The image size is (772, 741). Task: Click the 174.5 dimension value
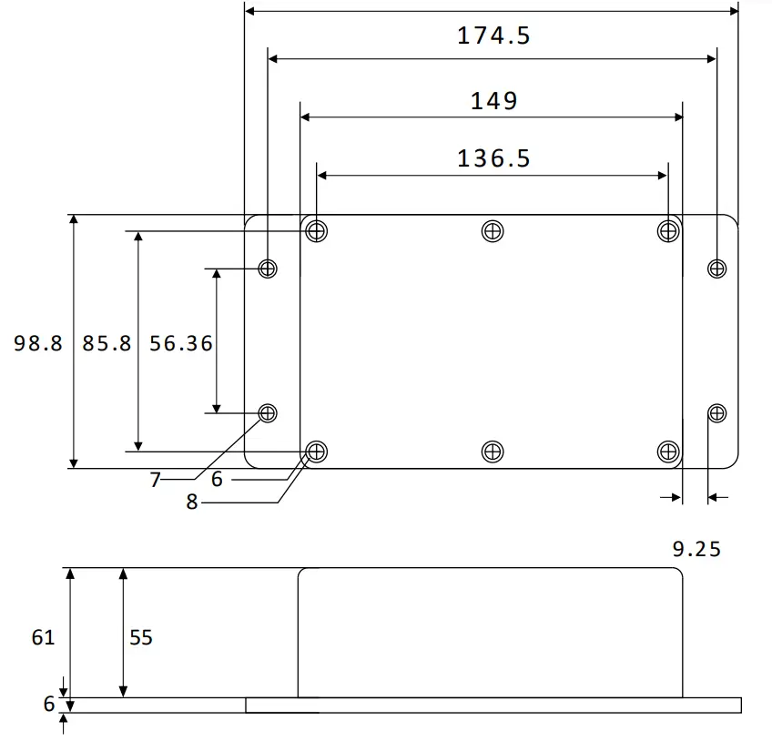click(x=493, y=36)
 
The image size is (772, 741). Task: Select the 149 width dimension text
click(x=493, y=100)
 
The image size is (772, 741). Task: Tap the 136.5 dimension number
click(x=493, y=158)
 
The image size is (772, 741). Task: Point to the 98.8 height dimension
click(x=38, y=343)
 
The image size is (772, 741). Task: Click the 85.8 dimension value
click(x=107, y=343)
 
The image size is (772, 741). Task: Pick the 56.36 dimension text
click(x=181, y=343)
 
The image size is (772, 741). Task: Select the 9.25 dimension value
click(x=696, y=548)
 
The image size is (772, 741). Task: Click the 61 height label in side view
click(x=43, y=637)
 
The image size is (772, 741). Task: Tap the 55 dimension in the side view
click(x=141, y=637)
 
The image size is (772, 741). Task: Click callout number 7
click(x=155, y=480)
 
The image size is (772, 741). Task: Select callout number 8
click(x=191, y=502)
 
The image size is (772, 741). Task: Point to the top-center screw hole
click(x=492, y=231)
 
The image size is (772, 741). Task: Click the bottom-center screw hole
click(x=492, y=451)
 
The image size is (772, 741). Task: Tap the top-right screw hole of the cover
click(x=668, y=231)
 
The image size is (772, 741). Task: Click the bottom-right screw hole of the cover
click(x=668, y=451)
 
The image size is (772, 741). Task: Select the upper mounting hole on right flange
click(x=717, y=268)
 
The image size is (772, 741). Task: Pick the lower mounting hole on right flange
click(x=717, y=413)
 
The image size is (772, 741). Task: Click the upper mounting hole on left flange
click(x=268, y=268)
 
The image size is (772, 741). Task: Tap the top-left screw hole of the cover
click(x=316, y=231)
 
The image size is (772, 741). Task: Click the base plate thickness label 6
click(x=48, y=704)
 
